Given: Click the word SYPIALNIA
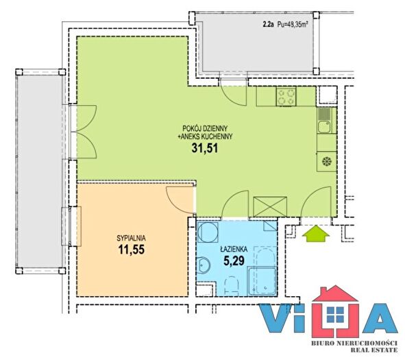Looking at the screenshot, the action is click(132, 237).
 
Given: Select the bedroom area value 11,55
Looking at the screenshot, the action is click(132, 250).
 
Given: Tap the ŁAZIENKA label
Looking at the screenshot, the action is click(234, 250).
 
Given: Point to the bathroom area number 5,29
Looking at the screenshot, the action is click(234, 261).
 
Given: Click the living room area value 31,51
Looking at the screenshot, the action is click(205, 148).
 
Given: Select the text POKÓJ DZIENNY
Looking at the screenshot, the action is click(205, 128).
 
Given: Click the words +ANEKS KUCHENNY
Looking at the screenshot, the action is click(205, 136).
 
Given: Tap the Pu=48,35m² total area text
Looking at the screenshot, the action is click(293, 25).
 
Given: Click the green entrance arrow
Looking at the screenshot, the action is click(316, 234).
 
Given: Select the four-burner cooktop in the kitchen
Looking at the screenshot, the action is click(286, 97).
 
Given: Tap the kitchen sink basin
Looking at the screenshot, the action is click(324, 127).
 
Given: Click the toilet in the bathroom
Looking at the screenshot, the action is click(232, 285).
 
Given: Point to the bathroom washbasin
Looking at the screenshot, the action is click(204, 265).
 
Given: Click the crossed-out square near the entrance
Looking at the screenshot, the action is click(270, 207).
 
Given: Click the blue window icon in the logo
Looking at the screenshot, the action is click(335, 315).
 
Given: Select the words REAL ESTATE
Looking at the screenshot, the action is click(373, 350).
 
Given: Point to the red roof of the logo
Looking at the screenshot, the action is click(335, 294).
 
